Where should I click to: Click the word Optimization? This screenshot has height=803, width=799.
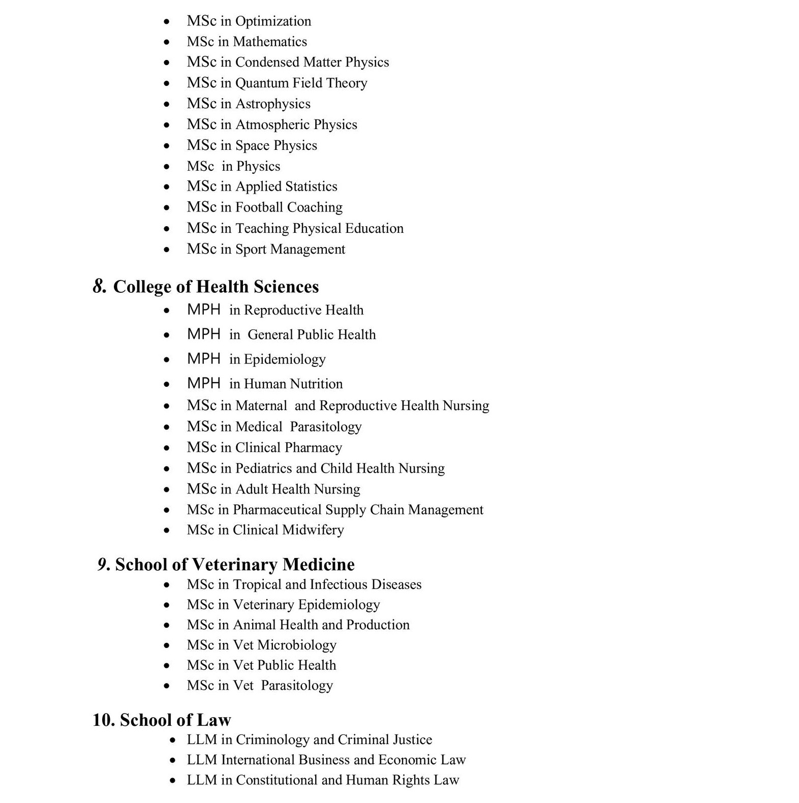point(273,21)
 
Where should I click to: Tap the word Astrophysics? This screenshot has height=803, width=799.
point(273,104)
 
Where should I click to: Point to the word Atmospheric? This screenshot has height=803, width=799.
point(272,125)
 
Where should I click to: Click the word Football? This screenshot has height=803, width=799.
point(259,207)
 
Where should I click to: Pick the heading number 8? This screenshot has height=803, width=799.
point(100,287)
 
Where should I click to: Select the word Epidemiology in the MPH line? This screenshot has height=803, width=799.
point(285,359)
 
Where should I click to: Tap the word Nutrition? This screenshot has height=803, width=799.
point(316,384)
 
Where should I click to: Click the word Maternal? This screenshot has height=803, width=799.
point(261,406)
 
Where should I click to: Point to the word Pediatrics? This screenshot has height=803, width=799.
point(263,468)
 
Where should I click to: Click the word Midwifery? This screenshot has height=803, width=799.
point(313,530)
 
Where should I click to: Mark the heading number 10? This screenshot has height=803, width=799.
point(103,720)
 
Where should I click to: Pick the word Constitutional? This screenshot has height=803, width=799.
point(276,780)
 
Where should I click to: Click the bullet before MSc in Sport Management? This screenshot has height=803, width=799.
point(167,250)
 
